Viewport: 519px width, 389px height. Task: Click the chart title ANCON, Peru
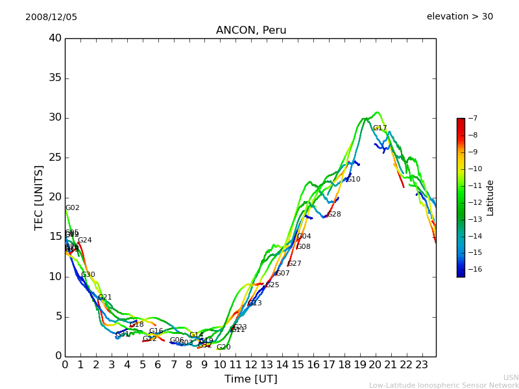click(250, 30)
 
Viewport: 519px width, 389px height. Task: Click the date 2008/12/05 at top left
click(51, 17)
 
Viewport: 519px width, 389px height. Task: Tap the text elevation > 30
click(459, 17)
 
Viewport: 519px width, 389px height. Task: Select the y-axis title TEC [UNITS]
click(40, 197)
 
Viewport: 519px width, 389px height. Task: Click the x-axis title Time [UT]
click(250, 379)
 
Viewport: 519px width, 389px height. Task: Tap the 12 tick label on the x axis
click(251, 364)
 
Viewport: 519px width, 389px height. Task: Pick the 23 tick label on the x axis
click(422, 364)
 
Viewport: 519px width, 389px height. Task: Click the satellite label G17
click(380, 128)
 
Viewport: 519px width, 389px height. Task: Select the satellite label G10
click(353, 180)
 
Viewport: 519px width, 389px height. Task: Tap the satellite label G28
click(333, 215)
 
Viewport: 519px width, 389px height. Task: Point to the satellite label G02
click(72, 208)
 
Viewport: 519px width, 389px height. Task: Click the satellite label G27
click(295, 264)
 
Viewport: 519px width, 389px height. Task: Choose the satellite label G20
click(223, 348)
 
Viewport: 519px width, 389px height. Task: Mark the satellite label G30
click(88, 275)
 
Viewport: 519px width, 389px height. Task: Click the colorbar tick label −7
click(472, 118)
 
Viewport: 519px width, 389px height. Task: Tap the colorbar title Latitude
click(490, 197)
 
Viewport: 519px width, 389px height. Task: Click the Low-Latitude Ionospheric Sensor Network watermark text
click(444, 386)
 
